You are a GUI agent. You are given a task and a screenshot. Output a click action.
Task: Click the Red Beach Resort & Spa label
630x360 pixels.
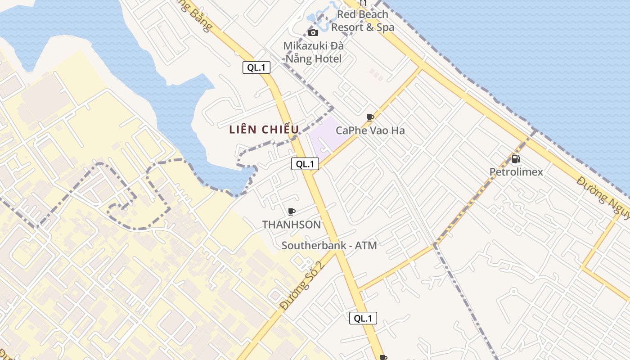(363, 21)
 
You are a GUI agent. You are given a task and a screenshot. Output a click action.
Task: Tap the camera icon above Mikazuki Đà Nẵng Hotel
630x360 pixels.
(313, 32)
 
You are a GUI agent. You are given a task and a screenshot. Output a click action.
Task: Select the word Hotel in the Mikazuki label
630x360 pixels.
(328, 58)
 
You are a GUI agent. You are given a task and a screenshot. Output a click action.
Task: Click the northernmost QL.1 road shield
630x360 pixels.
(256, 67)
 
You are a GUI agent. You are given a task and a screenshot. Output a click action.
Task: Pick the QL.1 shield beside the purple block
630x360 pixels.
(305, 164)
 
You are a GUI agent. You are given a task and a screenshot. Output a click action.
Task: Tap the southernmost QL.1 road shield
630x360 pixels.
(363, 318)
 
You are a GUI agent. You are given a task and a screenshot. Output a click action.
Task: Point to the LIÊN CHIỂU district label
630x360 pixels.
(264, 130)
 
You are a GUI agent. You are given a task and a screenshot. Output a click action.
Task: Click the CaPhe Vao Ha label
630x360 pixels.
(370, 130)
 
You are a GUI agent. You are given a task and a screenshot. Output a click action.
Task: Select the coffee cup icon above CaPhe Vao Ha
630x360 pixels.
(370, 118)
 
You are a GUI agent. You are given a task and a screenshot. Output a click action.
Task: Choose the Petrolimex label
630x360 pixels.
(516, 172)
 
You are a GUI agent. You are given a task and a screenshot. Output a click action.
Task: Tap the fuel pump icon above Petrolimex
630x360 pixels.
(516, 159)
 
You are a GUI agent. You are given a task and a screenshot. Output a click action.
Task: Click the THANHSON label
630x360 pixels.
(292, 225)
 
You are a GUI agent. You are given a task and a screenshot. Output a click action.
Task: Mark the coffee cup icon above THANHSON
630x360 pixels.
(292, 211)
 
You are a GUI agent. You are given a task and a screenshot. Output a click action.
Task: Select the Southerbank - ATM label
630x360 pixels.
(329, 245)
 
